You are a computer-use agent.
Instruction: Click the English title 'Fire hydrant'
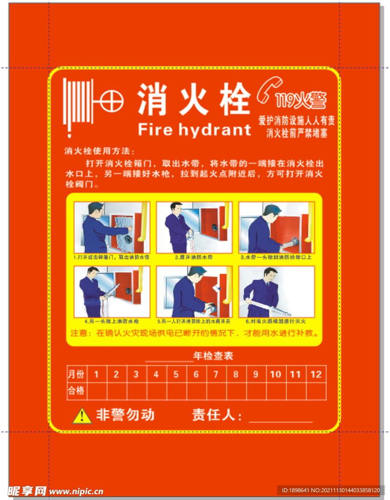tap(194, 129)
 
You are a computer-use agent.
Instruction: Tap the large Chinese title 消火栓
tap(194, 99)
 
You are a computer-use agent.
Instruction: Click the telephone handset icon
tap(265, 90)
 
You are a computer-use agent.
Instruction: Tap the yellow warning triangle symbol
tap(82, 416)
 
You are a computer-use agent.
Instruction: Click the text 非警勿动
tap(125, 415)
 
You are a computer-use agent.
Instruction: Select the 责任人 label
tap(217, 416)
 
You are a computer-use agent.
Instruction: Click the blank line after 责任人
tap(281, 420)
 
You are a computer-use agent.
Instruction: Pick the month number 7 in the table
tap(216, 375)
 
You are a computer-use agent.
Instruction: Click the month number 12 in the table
tap(316, 375)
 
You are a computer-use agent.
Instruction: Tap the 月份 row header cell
tap(76, 375)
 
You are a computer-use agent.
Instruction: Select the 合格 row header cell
tap(76, 391)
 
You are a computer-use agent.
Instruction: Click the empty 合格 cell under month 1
tap(96, 391)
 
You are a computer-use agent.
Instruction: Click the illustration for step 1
tap(112, 228)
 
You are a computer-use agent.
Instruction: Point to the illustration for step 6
tap(276, 292)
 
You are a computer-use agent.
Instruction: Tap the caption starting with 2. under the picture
tap(194, 257)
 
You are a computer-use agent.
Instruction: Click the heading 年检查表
tap(213, 356)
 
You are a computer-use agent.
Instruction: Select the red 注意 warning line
tap(194, 334)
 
